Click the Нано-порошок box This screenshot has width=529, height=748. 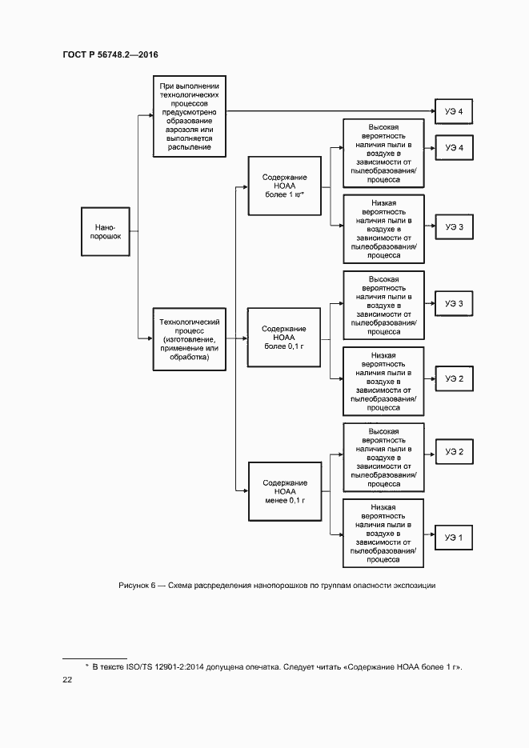pyautogui.click(x=106, y=232)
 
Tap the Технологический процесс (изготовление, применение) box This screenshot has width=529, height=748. pyautogui.click(x=189, y=339)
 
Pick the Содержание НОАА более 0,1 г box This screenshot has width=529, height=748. pyautogui.click(x=284, y=339)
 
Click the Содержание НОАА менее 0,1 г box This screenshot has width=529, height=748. pyautogui.click(x=284, y=490)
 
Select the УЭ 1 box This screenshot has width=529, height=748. pyautogui.click(x=454, y=538)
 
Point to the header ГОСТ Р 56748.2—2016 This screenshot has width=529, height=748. pyautogui.click(x=110, y=54)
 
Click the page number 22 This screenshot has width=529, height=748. pyautogui.click(x=67, y=679)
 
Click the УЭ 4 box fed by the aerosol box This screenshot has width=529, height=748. pyautogui.click(x=454, y=111)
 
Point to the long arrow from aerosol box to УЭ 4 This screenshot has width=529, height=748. pyautogui.click(x=328, y=111)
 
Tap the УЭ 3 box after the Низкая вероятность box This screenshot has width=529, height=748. pyautogui.click(x=454, y=227)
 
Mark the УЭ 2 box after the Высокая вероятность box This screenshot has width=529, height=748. pyautogui.click(x=454, y=453)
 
